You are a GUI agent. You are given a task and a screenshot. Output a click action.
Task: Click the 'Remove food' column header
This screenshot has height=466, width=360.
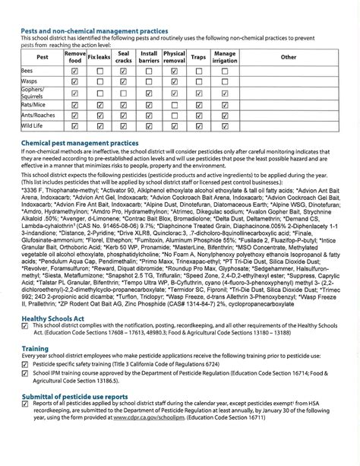click(74, 56)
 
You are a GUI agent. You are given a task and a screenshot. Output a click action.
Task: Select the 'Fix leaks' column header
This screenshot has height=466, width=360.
click(99, 57)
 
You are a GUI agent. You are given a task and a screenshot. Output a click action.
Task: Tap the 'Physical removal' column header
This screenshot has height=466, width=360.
click(174, 56)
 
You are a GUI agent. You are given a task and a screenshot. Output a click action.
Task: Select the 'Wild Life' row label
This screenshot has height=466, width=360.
click(32, 125)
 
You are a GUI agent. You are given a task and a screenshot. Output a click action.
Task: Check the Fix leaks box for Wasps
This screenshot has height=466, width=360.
click(99, 81)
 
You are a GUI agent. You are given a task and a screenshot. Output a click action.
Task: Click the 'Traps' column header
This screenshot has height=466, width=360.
click(199, 57)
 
